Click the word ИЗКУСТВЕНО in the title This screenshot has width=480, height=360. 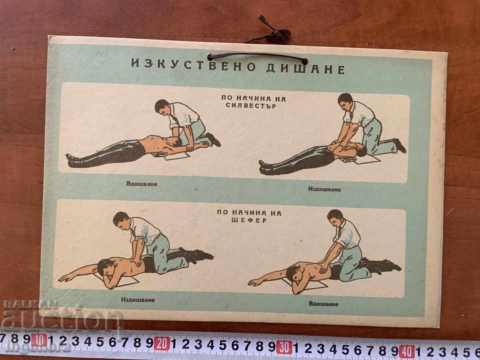pos(193,66)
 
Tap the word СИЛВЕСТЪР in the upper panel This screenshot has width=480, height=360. pos(251,106)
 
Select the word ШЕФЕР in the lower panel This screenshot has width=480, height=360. pos(249,220)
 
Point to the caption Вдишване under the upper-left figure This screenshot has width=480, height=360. pos(142,184)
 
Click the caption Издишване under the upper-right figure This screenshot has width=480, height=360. pos(324,189)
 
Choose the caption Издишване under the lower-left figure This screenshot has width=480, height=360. pos(138,300)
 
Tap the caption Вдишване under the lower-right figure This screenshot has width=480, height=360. pos(324,304)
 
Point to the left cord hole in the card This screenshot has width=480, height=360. pos(210,58)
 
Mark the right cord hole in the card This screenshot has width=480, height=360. pos(305,61)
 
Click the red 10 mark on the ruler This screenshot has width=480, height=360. pos(39,341)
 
